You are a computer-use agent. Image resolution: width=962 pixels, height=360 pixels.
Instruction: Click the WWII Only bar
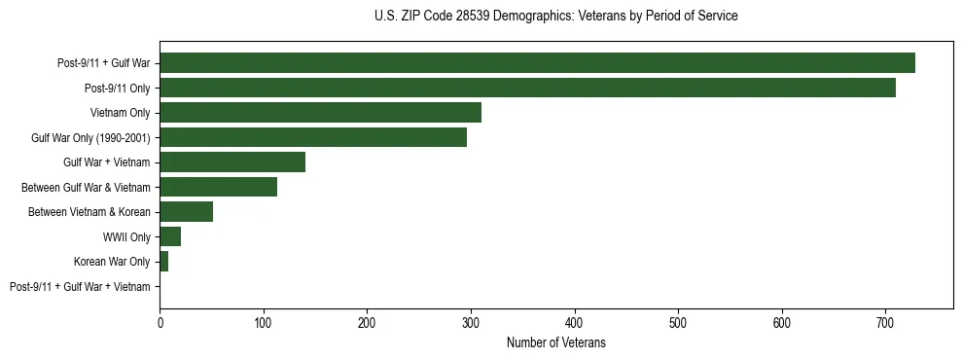170,236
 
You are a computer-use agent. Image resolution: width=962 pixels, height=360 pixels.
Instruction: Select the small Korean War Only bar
163,262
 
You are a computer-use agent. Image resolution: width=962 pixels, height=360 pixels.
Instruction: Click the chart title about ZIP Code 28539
555,17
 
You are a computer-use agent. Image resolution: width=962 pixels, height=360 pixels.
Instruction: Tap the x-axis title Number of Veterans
555,342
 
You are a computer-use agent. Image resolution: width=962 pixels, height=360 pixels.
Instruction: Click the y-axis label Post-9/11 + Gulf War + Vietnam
80,287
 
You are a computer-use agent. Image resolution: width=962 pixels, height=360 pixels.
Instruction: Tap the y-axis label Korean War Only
112,262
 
